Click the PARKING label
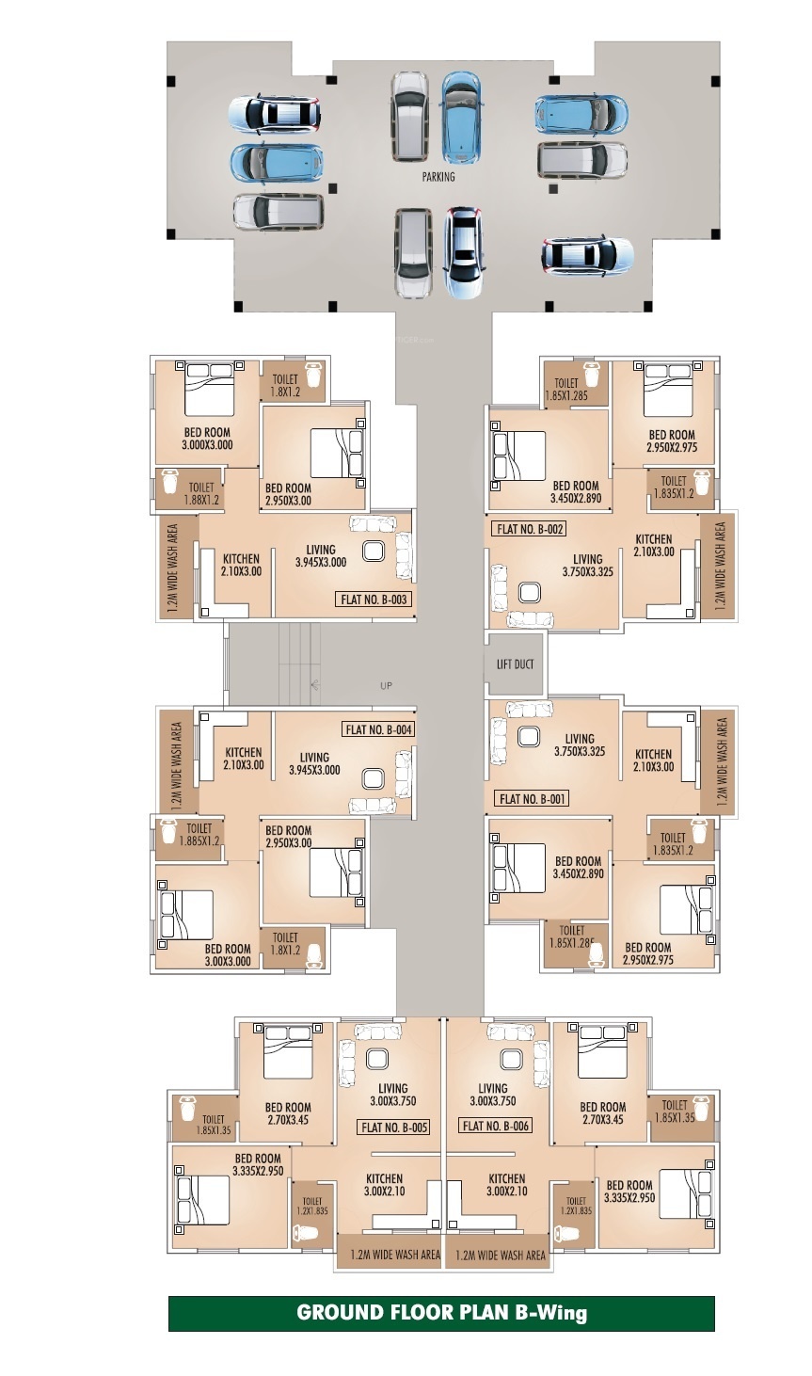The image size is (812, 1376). pyautogui.click(x=438, y=177)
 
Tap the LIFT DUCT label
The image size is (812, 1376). pyautogui.click(x=515, y=664)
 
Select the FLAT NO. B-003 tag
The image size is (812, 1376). pyautogui.click(x=374, y=599)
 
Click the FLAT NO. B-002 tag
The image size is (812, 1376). pyautogui.click(x=529, y=529)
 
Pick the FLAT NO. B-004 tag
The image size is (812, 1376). pyautogui.click(x=378, y=729)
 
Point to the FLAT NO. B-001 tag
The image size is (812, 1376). pyautogui.click(x=532, y=798)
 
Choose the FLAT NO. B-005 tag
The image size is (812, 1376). pyautogui.click(x=393, y=1128)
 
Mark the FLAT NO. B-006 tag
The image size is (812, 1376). pyautogui.click(x=495, y=1126)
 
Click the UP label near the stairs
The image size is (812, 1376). pyautogui.click(x=386, y=685)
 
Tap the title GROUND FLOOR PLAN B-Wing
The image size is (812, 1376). pyautogui.click(x=441, y=1313)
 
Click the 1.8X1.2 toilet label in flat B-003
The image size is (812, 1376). pyautogui.click(x=285, y=392)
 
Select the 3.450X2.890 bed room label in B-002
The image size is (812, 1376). pyautogui.click(x=576, y=498)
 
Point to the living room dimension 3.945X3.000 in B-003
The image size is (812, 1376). pyautogui.click(x=321, y=562)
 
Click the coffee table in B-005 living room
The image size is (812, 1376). pyautogui.click(x=376, y=1059)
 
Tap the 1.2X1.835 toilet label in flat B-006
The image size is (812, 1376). pyautogui.click(x=576, y=1210)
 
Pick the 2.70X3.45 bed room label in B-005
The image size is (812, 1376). pyautogui.click(x=288, y=1120)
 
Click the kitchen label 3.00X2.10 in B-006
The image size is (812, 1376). pyautogui.click(x=507, y=1192)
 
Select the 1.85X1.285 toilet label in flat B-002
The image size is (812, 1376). pyautogui.click(x=566, y=395)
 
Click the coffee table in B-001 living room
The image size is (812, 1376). pyautogui.click(x=528, y=736)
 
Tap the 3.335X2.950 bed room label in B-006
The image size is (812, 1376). pyautogui.click(x=629, y=1197)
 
